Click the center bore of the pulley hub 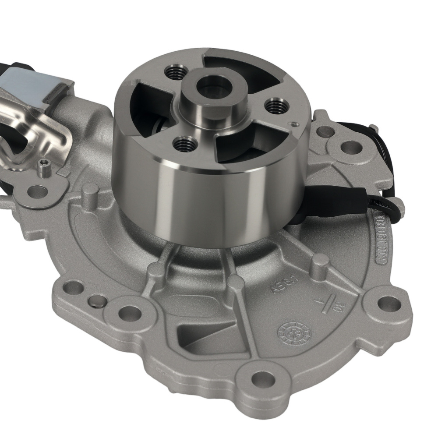(211, 87)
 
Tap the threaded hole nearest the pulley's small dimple (275, 105)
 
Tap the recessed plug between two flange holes (97, 301)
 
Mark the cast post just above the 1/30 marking (321, 262)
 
